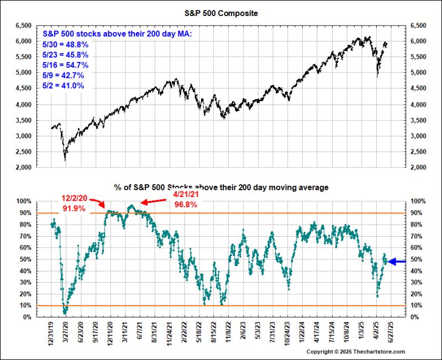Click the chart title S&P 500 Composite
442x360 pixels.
pyautogui.click(x=220, y=12)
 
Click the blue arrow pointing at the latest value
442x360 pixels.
pyautogui.click(x=398, y=262)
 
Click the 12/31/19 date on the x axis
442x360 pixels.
pyautogui.click(x=51, y=333)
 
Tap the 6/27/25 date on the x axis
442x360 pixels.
pyautogui.click(x=390, y=333)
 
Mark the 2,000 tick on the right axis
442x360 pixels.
pyautogui.click(x=418, y=168)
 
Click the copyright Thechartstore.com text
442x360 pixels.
pyautogui.click(x=356, y=352)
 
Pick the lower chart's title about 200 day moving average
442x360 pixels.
pyautogui.click(x=220, y=188)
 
